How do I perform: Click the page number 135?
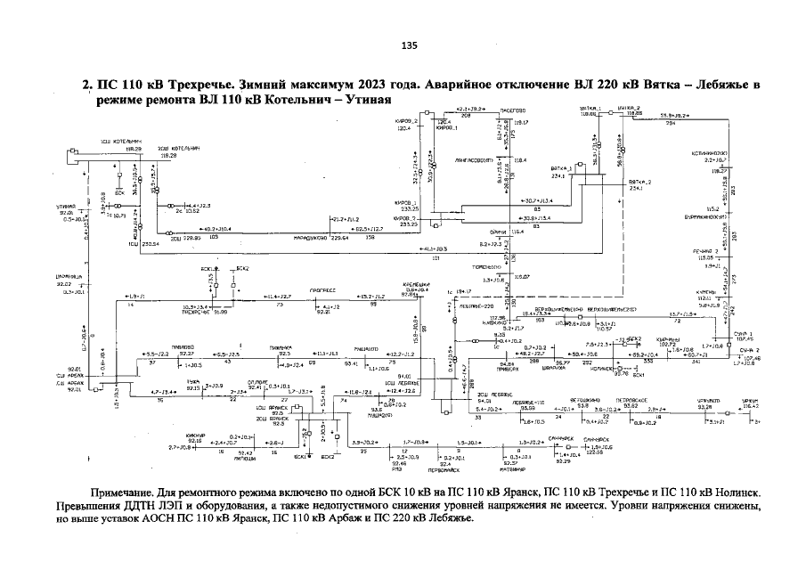tap(410, 45)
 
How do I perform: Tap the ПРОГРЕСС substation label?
tap(322, 289)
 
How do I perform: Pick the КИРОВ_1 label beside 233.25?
tap(406, 203)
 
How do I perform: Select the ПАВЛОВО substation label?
tap(186, 347)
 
